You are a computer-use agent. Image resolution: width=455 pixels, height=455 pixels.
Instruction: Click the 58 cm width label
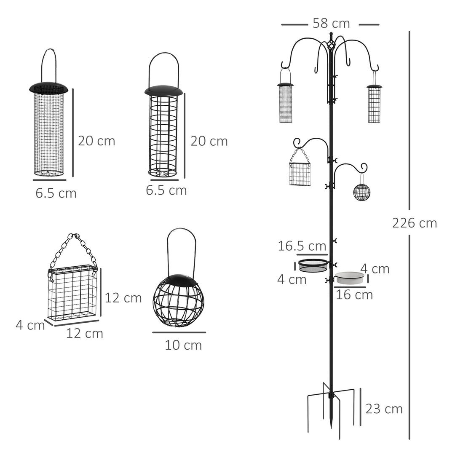(x=331, y=24)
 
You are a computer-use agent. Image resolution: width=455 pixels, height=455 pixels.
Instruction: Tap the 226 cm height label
(x=414, y=223)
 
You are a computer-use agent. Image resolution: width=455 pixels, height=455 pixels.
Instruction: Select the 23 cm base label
(x=384, y=409)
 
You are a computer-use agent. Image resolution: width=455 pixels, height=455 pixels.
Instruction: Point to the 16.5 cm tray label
(x=302, y=246)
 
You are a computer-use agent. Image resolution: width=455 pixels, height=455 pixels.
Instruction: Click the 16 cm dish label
(x=354, y=294)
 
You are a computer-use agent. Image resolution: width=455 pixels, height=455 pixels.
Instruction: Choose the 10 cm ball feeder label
(x=183, y=345)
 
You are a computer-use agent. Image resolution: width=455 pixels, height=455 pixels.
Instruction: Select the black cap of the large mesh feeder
(x=49, y=88)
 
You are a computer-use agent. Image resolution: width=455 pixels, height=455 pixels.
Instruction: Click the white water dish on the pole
(x=350, y=277)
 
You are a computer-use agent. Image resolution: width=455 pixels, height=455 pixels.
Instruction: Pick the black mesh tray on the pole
(x=313, y=265)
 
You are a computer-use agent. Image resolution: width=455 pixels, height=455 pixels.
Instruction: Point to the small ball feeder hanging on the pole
(x=361, y=192)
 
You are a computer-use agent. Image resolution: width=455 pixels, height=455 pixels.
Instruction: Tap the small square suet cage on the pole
(x=300, y=174)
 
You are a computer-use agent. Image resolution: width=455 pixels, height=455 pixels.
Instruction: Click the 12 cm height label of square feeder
(x=123, y=298)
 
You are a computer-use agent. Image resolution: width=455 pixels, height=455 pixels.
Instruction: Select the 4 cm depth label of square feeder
(x=30, y=325)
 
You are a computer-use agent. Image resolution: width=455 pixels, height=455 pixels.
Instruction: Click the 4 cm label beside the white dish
(x=375, y=269)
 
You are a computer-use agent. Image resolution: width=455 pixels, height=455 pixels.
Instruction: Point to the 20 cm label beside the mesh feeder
(x=96, y=141)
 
